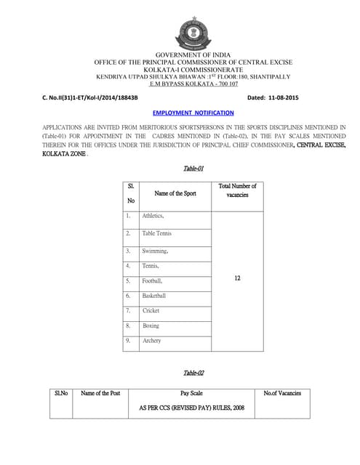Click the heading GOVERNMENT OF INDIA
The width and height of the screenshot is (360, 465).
coord(193,55)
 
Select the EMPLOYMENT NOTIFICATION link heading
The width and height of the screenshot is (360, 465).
coord(193,113)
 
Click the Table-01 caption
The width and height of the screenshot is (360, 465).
coord(192,169)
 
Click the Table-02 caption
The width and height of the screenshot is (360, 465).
coord(193,373)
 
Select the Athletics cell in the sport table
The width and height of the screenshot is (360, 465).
coord(153,216)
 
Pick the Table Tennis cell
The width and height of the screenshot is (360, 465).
coord(157,233)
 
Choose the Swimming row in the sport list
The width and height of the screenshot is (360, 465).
coord(156,251)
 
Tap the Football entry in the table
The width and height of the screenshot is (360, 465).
coord(153,280)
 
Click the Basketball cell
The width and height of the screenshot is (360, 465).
coord(154,296)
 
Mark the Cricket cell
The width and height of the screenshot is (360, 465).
coord(151,310)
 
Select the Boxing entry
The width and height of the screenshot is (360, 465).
coord(151,325)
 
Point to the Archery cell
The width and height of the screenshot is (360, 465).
coord(152,340)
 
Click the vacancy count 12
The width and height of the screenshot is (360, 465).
coord(237,278)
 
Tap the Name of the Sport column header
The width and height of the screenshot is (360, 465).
coord(175,193)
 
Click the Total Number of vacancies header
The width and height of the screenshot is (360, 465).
coord(237,190)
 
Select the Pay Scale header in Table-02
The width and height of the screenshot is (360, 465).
coord(191,393)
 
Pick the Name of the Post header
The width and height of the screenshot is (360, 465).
coord(100,393)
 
